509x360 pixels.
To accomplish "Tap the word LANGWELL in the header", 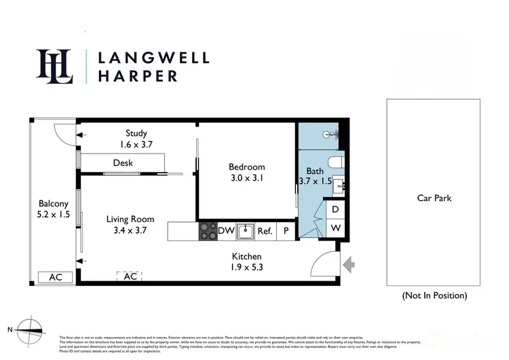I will click(153, 57).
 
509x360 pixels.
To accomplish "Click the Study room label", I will click(136, 133).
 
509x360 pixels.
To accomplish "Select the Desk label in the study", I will click(123, 163).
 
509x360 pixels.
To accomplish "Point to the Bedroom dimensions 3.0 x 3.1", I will click(246, 179).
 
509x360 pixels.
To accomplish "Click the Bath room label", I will click(315, 171).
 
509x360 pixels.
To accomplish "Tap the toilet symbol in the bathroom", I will click(335, 162).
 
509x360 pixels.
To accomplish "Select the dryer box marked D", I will click(335, 210).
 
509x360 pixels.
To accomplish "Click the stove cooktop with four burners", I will click(207, 231).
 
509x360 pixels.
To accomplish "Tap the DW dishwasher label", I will click(226, 231).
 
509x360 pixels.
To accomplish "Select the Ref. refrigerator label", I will click(265, 231).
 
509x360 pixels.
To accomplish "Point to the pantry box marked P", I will click(286, 231).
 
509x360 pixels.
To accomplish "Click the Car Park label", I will click(434, 198).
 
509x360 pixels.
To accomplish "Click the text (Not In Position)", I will click(434, 295).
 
